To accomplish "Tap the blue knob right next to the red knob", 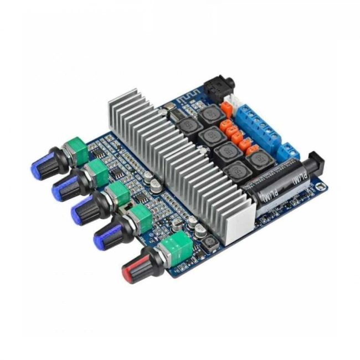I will point(106,238).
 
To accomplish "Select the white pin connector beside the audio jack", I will point(240,103).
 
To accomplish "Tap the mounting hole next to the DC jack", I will point(322,188).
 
